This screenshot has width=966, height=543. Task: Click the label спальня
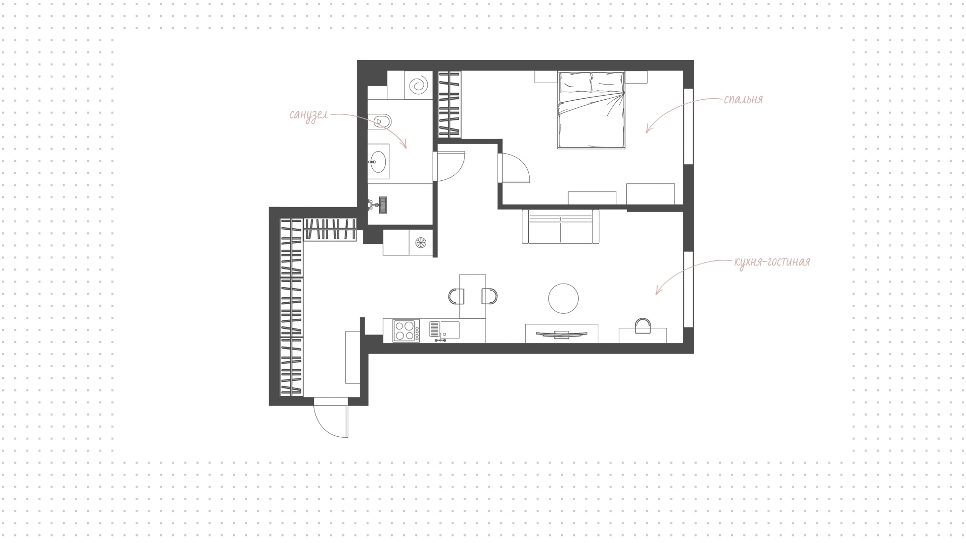tap(743, 99)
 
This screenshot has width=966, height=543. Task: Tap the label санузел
tap(308, 115)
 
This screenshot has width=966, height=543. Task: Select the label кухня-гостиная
tap(772, 262)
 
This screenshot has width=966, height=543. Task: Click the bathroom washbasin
tap(378, 161)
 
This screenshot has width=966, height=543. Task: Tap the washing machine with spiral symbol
tap(418, 85)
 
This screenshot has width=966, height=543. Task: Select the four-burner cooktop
tap(406, 331)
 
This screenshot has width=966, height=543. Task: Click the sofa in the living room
tap(560, 226)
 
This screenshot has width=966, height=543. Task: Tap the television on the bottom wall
tap(561, 334)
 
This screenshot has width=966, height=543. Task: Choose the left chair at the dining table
tap(456, 296)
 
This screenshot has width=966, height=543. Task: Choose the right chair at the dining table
tap(490, 296)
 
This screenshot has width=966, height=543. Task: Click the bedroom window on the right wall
tap(688, 126)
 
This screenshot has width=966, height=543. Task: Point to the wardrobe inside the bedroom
tap(450, 104)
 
